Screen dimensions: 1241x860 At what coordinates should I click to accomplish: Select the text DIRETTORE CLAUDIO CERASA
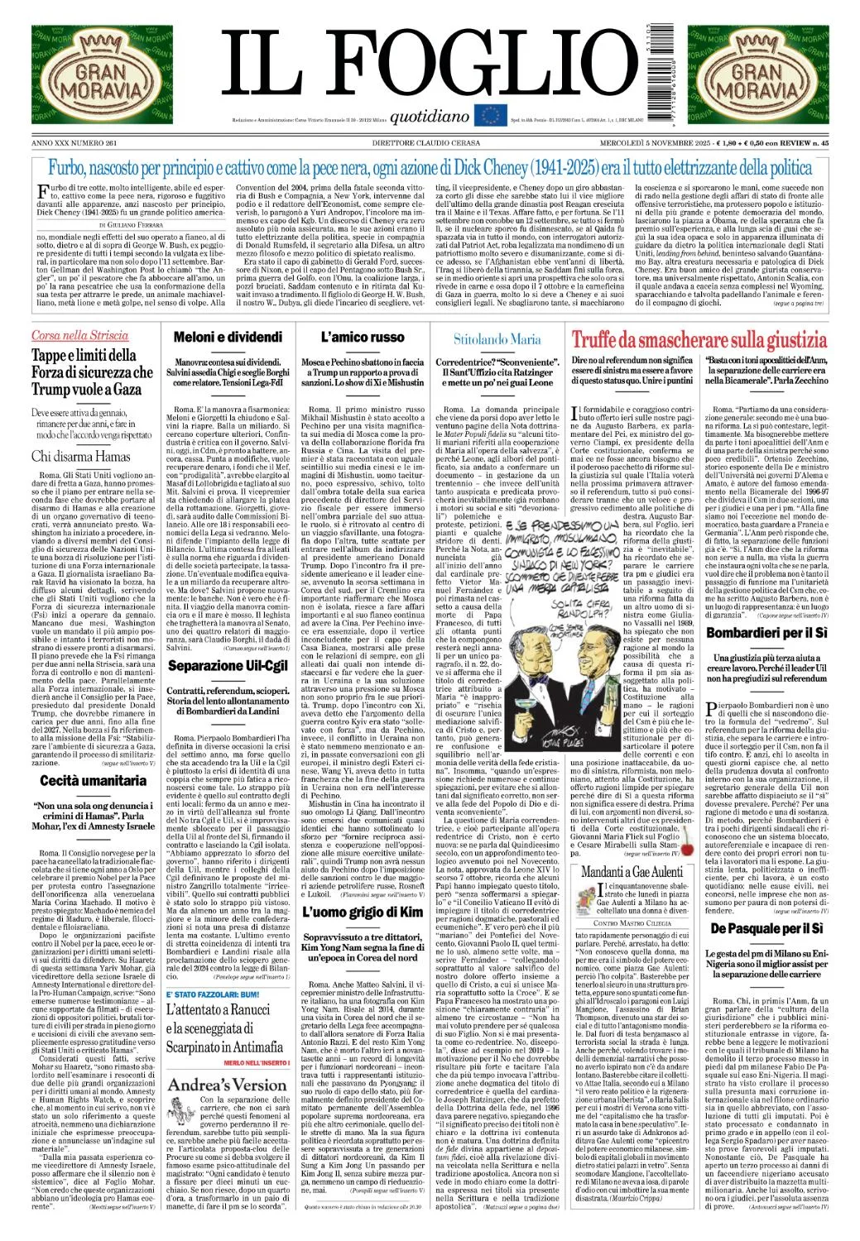click(430, 143)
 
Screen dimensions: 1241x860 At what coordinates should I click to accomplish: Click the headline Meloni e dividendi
click(228, 337)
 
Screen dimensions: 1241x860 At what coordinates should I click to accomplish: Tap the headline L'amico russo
click(363, 337)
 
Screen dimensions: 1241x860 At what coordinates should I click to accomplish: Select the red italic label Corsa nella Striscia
click(79, 335)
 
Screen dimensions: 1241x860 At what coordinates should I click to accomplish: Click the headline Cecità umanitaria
click(93, 780)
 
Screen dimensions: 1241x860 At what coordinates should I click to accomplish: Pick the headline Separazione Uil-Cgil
click(228, 665)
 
